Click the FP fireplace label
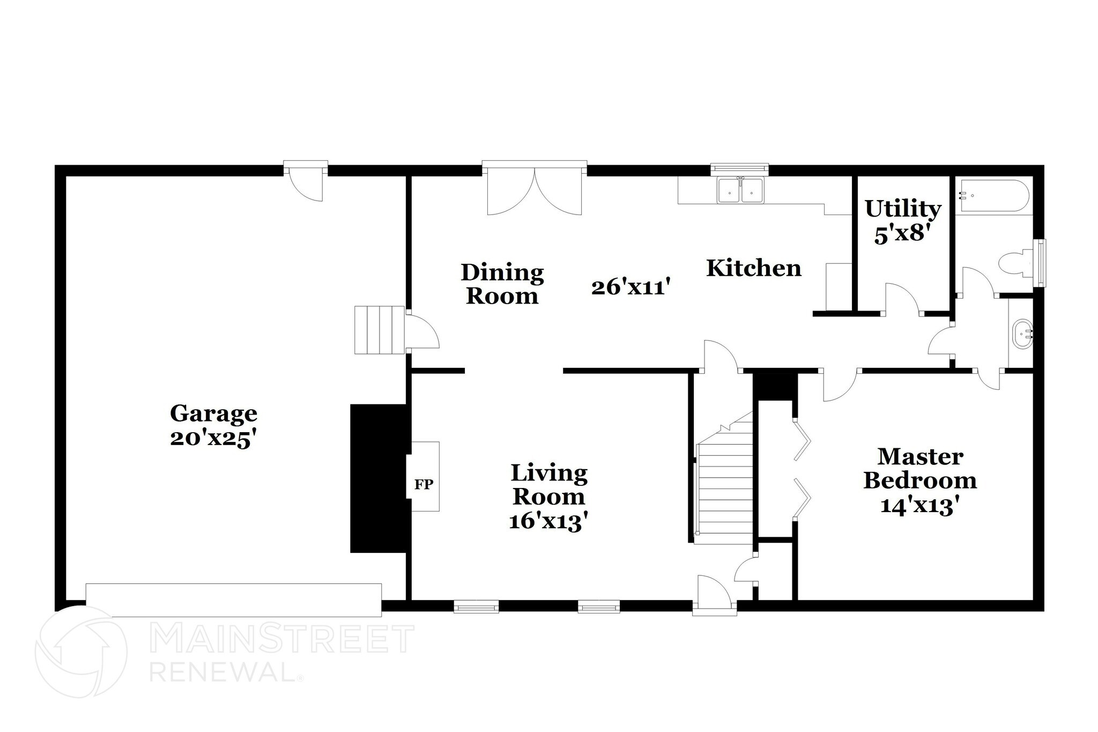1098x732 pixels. click(x=424, y=484)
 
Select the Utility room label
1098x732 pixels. click(x=903, y=209)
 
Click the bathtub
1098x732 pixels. click(x=993, y=197)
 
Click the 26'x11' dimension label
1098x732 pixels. click(x=631, y=287)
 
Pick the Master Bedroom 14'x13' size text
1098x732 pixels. click(x=919, y=505)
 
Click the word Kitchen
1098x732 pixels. click(x=753, y=268)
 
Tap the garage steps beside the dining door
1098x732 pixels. click(x=379, y=330)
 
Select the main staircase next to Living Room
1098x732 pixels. click(x=723, y=493)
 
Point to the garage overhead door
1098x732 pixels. click(x=234, y=600)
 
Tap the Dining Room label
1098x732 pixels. click(x=502, y=284)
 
